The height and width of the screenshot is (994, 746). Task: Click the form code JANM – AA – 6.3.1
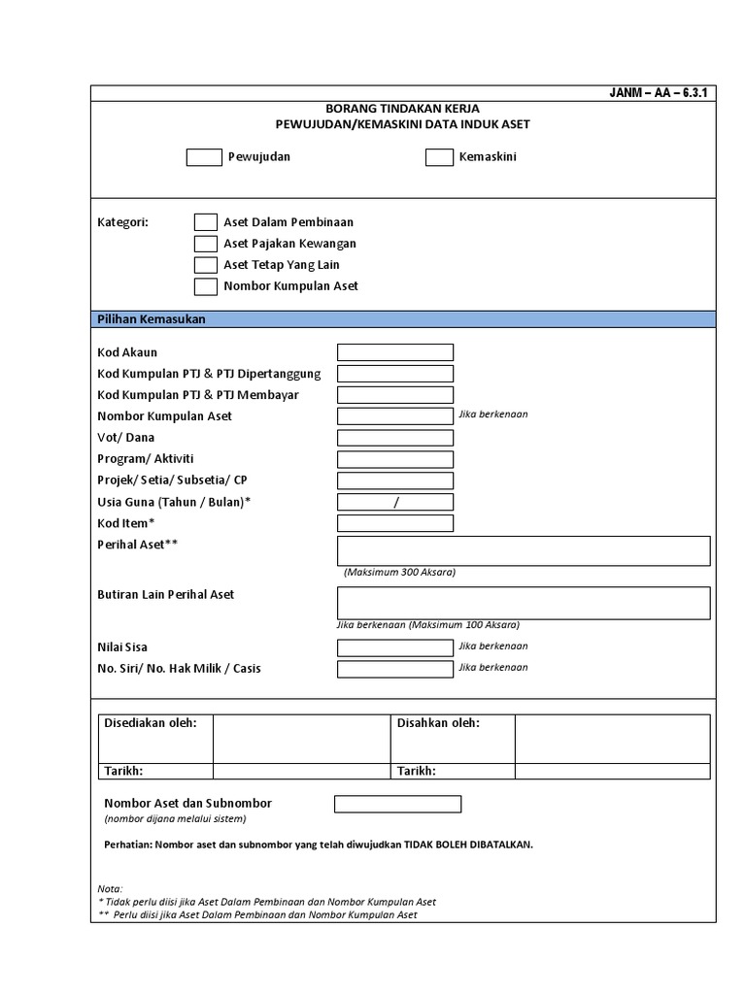point(660,93)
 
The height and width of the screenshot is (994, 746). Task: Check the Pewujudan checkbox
point(204,157)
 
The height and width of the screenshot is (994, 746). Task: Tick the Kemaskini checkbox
point(439,157)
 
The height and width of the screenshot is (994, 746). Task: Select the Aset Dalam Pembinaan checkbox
point(205,222)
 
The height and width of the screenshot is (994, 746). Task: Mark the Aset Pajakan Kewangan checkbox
point(205,244)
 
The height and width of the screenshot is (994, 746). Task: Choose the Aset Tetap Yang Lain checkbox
point(205,265)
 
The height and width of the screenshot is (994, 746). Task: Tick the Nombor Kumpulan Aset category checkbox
point(205,286)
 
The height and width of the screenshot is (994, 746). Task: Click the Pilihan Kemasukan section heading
point(151,319)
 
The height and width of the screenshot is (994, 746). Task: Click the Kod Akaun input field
point(394,352)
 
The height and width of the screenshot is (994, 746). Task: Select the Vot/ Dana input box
point(394,438)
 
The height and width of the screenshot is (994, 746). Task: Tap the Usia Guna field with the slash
point(394,502)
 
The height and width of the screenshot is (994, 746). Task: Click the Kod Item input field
point(394,523)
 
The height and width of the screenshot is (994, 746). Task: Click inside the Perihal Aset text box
point(523,550)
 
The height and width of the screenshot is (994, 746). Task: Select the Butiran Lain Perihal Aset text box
point(523,603)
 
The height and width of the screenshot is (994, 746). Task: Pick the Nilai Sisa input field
point(394,647)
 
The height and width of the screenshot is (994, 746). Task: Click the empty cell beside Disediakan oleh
point(301,739)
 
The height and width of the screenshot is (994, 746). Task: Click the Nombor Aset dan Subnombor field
point(397,804)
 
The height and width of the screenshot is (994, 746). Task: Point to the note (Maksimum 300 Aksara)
point(399,573)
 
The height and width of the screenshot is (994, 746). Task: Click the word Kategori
point(122,222)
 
